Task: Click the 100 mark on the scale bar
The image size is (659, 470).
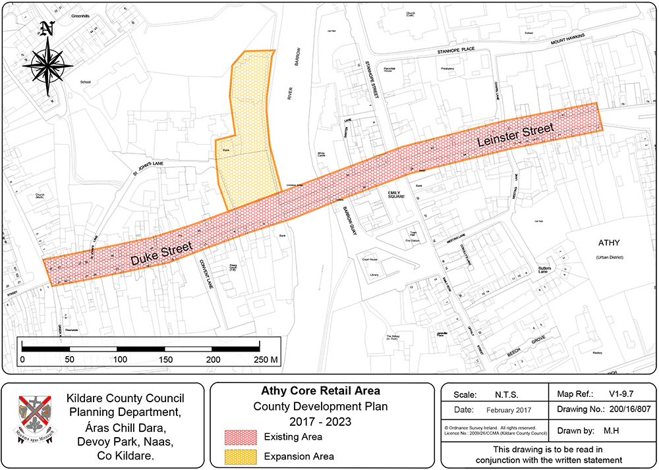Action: [x=119, y=359]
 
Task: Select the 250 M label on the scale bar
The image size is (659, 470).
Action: [x=266, y=359]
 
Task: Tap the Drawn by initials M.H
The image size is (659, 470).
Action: [x=606, y=431]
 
